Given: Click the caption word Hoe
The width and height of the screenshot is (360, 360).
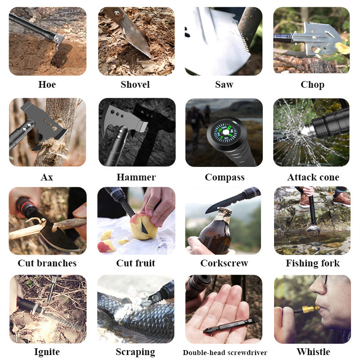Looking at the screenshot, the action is pyautogui.click(x=47, y=85).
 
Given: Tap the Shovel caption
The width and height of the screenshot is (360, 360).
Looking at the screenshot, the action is pyautogui.click(x=135, y=85).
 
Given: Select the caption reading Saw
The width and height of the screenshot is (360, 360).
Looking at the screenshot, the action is pyautogui.click(x=224, y=85).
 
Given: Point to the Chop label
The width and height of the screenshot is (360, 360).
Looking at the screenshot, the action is pyautogui.click(x=312, y=85).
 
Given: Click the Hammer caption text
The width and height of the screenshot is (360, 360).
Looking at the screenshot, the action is pyautogui.click(x=136, y=177).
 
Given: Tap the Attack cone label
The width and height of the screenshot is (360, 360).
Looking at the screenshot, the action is pyautogui.click(x=313, y=177).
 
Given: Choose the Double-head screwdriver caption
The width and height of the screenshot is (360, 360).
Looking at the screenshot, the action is pyautogui.click(x=225, y=352).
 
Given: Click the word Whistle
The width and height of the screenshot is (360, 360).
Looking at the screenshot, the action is pyautogui.click(x=313, y=351).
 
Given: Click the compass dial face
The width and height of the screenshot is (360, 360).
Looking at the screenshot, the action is pyautogui.click(x=225, y=132).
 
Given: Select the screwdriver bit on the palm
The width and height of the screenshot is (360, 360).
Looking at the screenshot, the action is pyautogui.click(x=231, y=324).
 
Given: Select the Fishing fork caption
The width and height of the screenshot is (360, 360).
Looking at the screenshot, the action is pyautogui.click(x=313, y=263).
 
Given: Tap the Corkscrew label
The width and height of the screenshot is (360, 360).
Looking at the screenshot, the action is pyautogui.click(x=224, y=263).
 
